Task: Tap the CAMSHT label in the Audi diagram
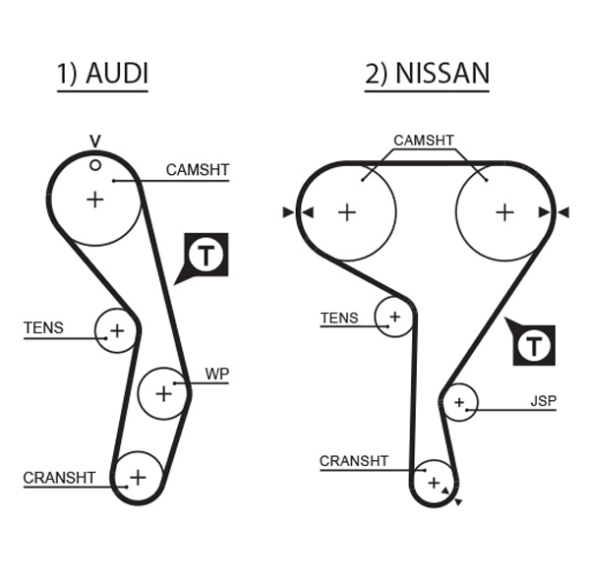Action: pyautogui.click(x=197, y=170)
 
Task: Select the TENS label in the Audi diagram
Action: pyautogui.click(x=43, y=328)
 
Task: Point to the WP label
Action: pyautogui.click(x=216, y=375)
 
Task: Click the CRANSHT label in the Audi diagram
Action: pyautogui.click(x=59, y=479)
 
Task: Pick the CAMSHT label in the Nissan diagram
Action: pyautogui.click(x=424, y=141)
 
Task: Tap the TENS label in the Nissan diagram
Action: pyautogui.click(x=339, y=318)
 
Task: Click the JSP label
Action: pyautogui.click(x=542, y=402)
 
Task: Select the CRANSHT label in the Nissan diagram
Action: pyautogui.click(x=354, y=461)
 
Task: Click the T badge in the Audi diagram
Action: pyautogui.click(x=206, y=255)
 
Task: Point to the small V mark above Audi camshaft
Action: pyautogui.click(x=95, y=141)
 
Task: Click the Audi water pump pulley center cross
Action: pyautogui.click(x=163, y=393)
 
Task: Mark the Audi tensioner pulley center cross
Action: pyautogui.click(x=117, y=330)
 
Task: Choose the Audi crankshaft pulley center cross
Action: pyautogui.click(x=138, y=477)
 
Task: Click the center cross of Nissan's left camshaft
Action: pyautogui.click(x=346, y=211)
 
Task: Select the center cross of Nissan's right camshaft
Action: pyautogui.click(x=504, y=211)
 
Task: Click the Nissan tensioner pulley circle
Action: pyautogui.click(x=394, y=317)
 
